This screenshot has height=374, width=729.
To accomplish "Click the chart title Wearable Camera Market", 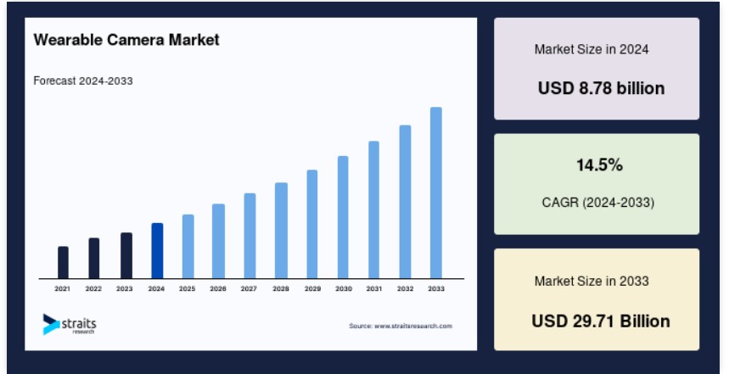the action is click(x=126, y=40).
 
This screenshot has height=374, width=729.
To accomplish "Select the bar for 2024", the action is click(x=157, y=251).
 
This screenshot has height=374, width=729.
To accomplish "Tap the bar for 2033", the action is click(x=436, y=193).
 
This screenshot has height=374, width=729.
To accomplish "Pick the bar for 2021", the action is click(x=64, y=263).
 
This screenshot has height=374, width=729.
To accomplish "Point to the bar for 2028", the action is click(x=281, y=231).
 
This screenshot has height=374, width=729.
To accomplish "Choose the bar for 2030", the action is click(x=343, y=217).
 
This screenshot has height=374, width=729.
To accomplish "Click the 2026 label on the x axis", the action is click(x=218, y=288).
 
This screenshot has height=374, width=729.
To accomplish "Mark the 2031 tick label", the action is click(x=374, y=288).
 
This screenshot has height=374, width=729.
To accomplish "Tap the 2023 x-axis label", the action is click(x=125, y=288).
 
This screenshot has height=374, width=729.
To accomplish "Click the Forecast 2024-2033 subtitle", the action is click(x=83, y=81).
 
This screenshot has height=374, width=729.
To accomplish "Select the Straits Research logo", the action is click(x=70, y=324).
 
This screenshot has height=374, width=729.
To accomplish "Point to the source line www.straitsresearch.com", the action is click(x=401, y=327).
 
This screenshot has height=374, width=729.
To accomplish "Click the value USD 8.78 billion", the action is click(x=601, y=88).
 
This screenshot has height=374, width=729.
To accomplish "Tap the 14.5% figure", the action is click(x=599, y=165).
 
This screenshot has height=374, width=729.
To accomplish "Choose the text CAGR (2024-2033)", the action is click(x=598, y=203).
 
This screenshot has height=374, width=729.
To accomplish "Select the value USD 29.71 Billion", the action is click(x=601, y=321).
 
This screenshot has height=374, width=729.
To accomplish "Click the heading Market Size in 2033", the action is click(x=592, y=281).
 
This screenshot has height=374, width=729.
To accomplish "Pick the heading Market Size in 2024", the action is click(x=592, y=49).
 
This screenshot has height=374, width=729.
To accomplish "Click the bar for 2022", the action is click(x=94, y=259).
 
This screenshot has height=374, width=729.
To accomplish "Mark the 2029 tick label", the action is click(x=312, y=288).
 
